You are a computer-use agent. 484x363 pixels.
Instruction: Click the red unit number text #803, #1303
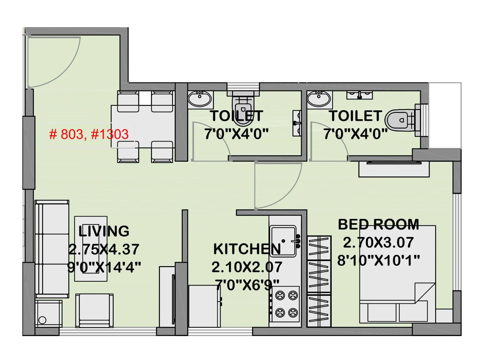pos(89,134)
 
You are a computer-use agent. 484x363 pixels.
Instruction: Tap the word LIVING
pos(104,231)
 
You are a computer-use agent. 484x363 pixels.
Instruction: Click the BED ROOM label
pos(378,225)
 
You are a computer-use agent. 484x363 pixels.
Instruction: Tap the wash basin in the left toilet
pos(200,99)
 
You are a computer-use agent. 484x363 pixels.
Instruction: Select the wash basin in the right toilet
pos(319,99)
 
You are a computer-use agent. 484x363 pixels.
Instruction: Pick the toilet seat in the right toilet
pos(399,120)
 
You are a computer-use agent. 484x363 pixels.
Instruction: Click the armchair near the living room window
pos(94,310)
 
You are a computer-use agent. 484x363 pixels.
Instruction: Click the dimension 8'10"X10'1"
pos(378,260)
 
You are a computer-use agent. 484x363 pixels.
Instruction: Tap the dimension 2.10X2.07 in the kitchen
pos(247,267)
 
